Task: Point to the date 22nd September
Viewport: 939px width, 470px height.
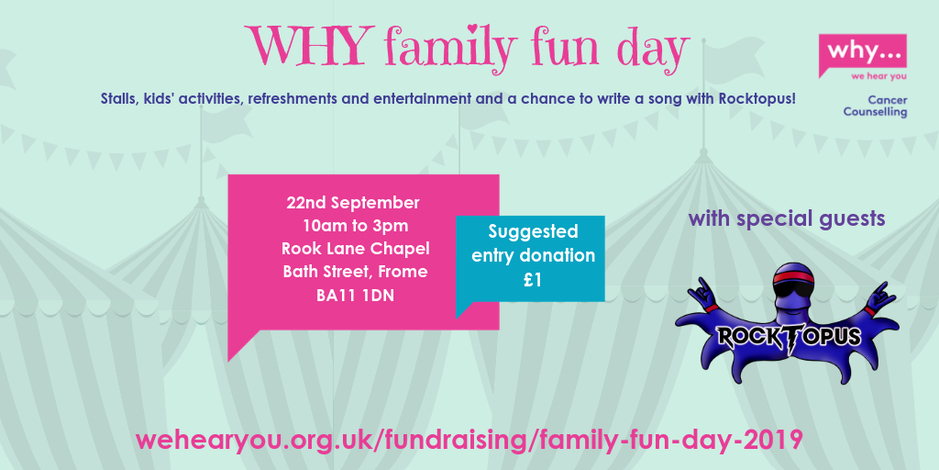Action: tap(353, 203)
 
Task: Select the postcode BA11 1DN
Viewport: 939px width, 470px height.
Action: tap(355, 295)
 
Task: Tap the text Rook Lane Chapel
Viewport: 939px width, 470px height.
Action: tap(356, 249)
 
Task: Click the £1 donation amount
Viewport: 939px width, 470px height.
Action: tap(533, 280)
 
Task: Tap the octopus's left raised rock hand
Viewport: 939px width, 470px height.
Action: tap(699, 293)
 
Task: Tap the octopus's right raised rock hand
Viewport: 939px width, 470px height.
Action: tap(881, 295)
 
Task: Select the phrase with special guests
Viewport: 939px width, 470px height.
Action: tap(787, 218)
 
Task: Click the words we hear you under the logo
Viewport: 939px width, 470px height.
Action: tap(878, 76)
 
